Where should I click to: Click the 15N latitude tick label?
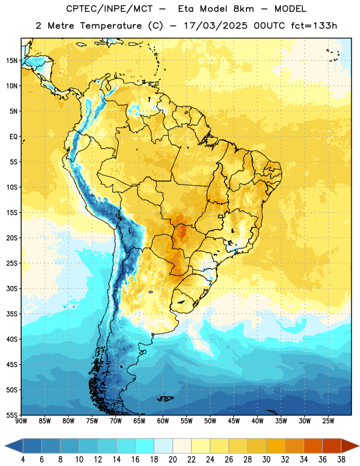tap(12, 61)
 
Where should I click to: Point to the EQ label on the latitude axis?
tap(13, 137)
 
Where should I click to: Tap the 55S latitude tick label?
tap(12, 415)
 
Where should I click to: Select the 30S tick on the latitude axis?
tap(12, 288)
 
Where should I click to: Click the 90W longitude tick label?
tap(21, 421)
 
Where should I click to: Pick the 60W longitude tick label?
tap(163, 421)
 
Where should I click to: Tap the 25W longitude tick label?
tap(328, 421)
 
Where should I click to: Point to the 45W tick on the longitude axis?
tap(234, 421)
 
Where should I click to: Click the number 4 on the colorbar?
tap(23, 460)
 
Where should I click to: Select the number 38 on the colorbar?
tap(341, 460)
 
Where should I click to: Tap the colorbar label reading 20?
tap(172, 460)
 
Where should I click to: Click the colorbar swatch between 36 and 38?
tap(332, 446)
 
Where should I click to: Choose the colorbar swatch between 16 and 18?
tap(145, 446)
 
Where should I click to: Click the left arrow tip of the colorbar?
tap(5, 446)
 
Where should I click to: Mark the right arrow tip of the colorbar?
tap(359, 446)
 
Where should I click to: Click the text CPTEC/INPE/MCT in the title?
tap(110, 9)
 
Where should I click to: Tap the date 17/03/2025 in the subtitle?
tap(216, 26)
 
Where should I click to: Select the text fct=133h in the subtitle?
tap(314, 26)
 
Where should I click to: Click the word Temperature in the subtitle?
tap(111, 26)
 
